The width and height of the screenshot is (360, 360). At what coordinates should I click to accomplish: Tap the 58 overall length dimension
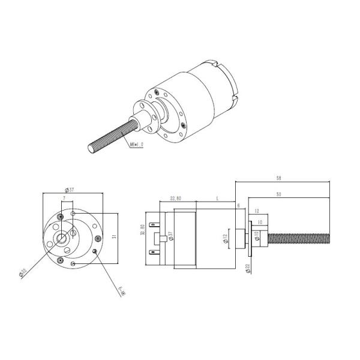[x=280, y=178]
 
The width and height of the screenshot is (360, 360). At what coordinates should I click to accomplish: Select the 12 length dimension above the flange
[x=256, y=211]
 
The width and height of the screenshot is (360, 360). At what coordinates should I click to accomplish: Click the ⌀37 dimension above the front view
[x=70, y=190]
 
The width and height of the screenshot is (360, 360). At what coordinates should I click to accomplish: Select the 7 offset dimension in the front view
[x=64, y=197]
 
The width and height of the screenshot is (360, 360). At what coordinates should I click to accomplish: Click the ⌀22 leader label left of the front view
[x=22, y=272]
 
